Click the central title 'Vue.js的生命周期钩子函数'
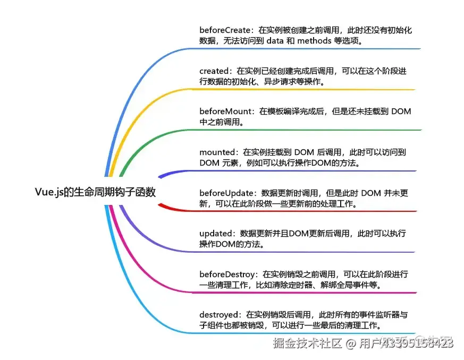point(95,192)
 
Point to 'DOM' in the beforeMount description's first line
point(401,111)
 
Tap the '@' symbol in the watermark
point(351,344)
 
